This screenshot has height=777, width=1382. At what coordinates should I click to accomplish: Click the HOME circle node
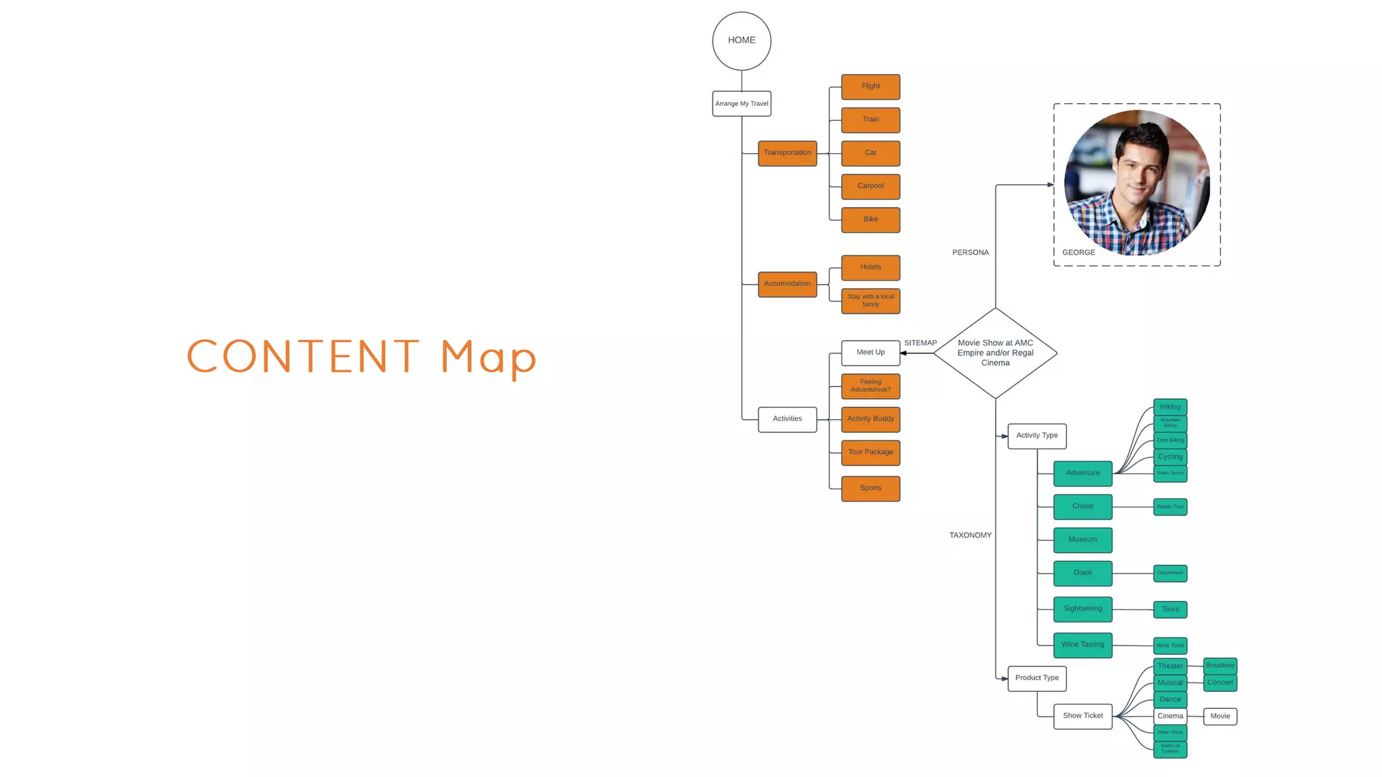(742, 41)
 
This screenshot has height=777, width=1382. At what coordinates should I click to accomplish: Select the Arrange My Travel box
(742, 104)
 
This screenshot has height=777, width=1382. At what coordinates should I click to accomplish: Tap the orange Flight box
(870, 86)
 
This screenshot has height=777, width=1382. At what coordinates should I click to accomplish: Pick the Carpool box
(870, 186)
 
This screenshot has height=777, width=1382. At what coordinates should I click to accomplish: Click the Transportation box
(787, 153)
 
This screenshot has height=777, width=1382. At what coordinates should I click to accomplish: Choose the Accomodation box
(787, 284)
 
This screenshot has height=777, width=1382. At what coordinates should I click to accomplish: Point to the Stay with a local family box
(870, 301)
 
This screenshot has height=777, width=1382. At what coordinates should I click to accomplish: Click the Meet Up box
(870, 353)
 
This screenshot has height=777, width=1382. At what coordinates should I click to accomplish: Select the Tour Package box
(870, 453)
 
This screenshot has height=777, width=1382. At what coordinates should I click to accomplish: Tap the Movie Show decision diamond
(995, 353)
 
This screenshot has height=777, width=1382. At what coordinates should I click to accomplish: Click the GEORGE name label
(1078, 253)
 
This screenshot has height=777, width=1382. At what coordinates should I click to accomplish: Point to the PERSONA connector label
(970, 253)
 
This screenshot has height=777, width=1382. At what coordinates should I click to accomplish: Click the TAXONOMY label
(970, 536)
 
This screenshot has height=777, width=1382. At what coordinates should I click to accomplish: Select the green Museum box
(1082, 540)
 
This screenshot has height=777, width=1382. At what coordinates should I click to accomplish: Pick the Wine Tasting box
(1082, 645)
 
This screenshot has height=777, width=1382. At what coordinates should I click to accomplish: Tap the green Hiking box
(1170, 407)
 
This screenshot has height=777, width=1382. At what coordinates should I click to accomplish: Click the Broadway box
(1220, 666)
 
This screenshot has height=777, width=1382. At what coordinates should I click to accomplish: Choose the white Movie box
(1220, 716)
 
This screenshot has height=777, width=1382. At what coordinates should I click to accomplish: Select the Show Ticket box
(1082, 716)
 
